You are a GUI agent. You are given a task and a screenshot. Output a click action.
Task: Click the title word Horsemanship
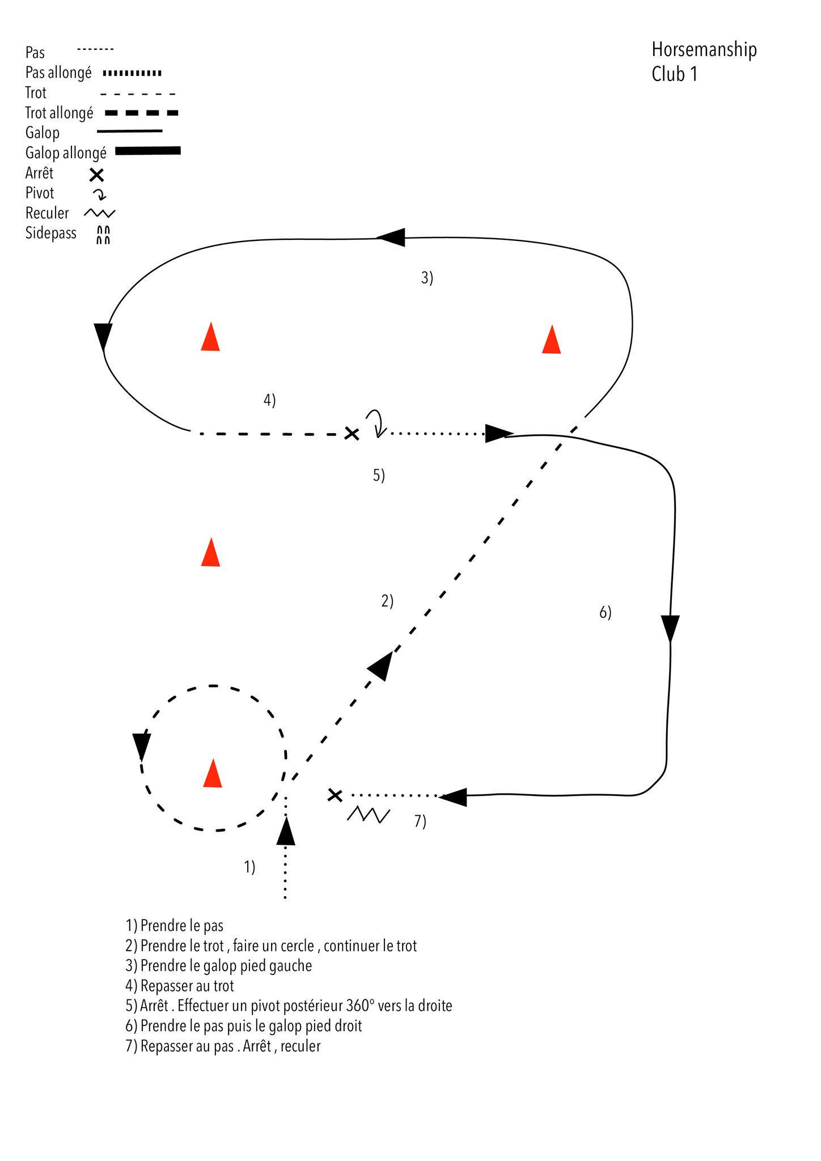coord(704,50)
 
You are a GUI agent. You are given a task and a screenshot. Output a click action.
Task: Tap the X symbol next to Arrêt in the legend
coord(97,175)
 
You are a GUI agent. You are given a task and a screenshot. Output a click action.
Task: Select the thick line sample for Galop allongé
coord(148,151)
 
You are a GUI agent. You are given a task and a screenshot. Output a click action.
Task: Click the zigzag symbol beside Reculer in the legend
coord(99,213)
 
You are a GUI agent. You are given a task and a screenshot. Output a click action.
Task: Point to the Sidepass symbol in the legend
coord(103,235)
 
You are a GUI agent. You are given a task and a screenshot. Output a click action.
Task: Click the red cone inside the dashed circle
coord(213,774)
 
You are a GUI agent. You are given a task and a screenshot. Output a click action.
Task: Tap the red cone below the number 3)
coord(551,340)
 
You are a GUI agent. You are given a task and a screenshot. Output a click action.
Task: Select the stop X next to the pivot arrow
coord(352,434)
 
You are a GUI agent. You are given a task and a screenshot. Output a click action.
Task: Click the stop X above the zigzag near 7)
coord(335,795)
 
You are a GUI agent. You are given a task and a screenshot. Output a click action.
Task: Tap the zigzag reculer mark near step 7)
coord(368,815)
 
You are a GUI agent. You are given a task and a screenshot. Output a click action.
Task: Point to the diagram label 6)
coord(605,612)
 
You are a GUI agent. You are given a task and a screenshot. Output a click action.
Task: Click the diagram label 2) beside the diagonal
coord(387,601)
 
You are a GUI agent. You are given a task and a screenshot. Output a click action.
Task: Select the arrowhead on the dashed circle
coord(141,745)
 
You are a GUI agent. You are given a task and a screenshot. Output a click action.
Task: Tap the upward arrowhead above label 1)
coord(286,832)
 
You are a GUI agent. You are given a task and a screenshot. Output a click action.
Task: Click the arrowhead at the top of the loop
coord(391,238)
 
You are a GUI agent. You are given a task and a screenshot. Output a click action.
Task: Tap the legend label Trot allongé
coord(59,113)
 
